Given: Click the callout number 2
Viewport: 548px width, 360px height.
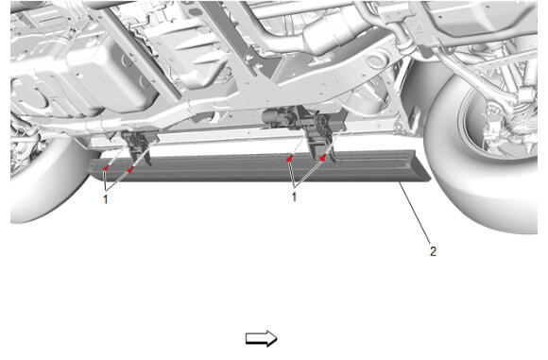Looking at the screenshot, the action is (x=433, y=251).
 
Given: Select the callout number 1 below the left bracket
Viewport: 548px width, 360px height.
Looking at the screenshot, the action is (x=106, y=199).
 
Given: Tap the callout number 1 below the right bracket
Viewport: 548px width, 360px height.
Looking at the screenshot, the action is (x=294, y=197).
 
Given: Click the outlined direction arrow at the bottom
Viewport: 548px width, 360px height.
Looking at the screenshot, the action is (x=262, y=338).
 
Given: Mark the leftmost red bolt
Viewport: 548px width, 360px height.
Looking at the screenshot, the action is (x=105, y=168).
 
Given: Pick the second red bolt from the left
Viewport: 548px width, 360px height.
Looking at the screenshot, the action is (x=129, y=170).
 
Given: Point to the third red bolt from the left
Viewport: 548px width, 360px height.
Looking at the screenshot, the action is (x=289, y=160).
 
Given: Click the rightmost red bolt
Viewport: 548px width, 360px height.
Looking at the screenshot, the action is (x=322, y=159).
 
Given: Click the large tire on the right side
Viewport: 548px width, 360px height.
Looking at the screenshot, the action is (x=481, y=154).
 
